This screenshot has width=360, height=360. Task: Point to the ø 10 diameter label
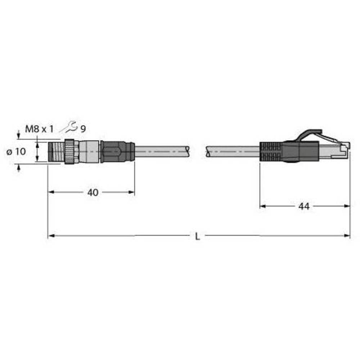[17, 152]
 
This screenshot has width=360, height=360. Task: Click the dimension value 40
[93, 193]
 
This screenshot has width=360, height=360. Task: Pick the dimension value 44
[304, 206]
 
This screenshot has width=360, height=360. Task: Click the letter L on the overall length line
[197, 237]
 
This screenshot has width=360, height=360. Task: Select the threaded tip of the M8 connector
[56, 152]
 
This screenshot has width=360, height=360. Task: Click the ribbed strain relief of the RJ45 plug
[270, 152]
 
